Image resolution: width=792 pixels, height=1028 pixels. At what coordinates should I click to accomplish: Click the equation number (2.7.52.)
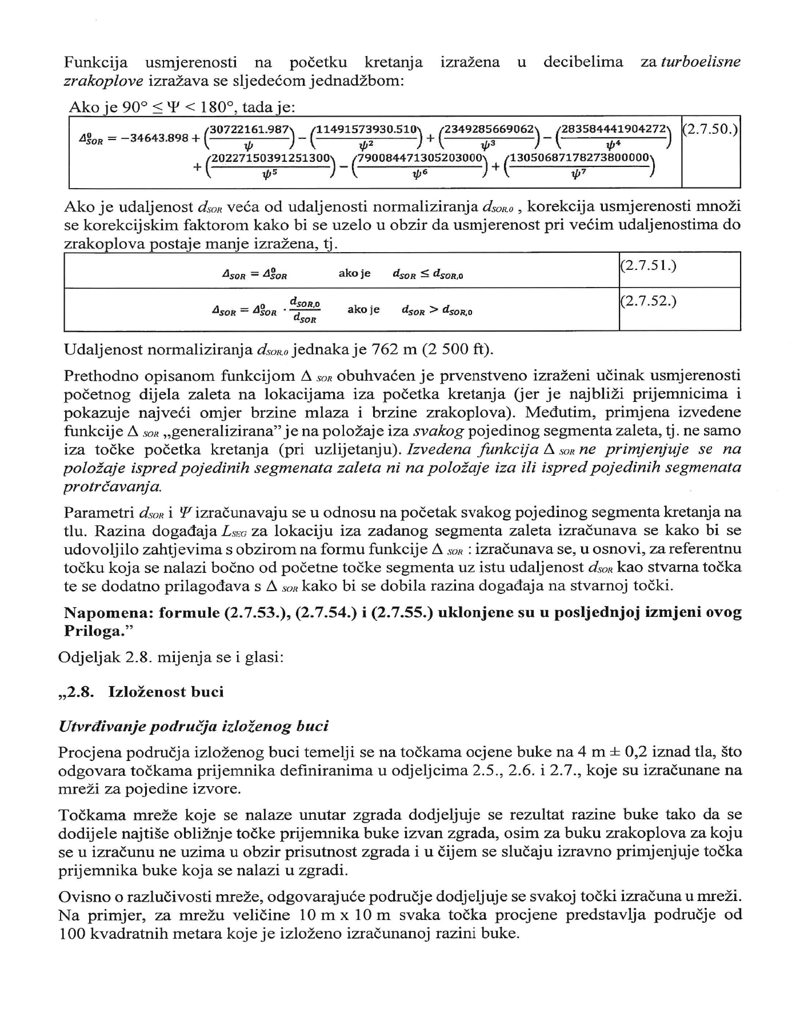(648, 301)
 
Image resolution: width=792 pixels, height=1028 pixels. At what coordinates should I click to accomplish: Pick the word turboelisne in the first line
(701, 62)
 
